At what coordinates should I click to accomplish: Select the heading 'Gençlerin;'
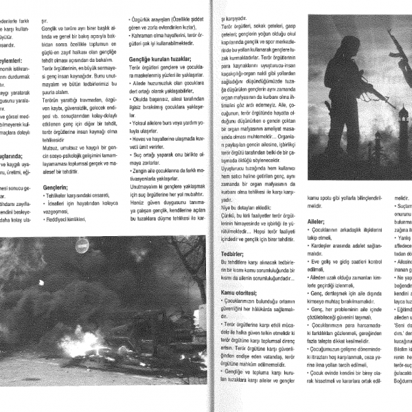coord(56,186)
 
